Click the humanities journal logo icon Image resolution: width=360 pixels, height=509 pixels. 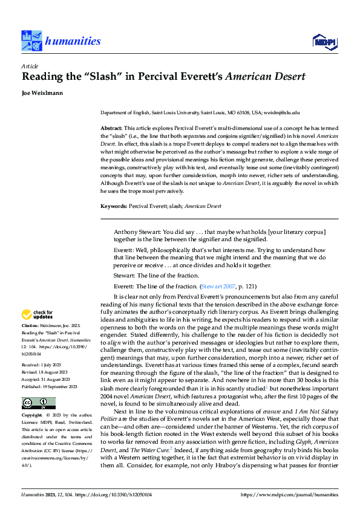tap(32, 41)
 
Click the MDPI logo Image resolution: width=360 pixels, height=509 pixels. tap(325, 41)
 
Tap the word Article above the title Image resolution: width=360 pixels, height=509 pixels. tap(30, 66)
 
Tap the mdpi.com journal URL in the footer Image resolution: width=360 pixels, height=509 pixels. tap(290, 495)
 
